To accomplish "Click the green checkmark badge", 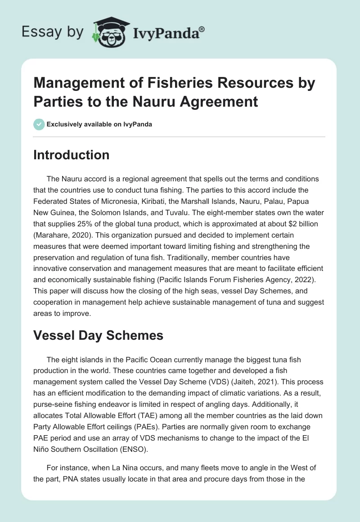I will coord(39,124).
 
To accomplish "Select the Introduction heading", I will coord(72,155).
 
